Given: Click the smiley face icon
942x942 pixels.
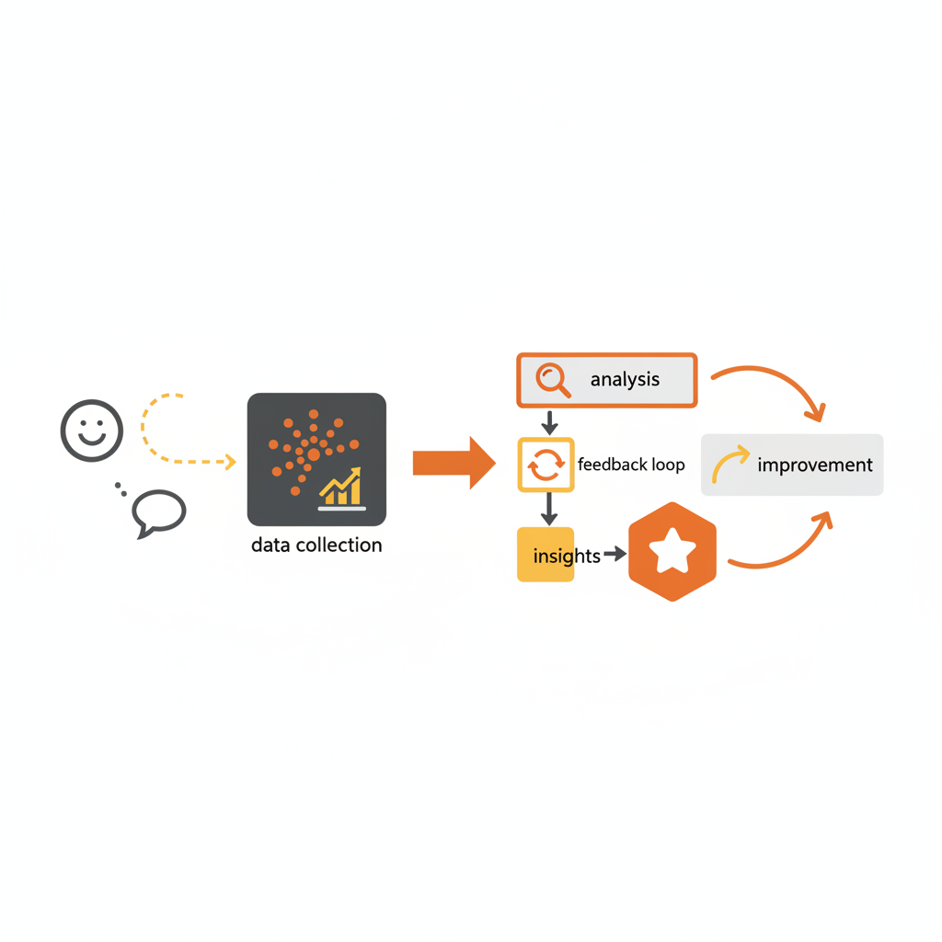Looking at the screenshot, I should pyautogui.click(x=91, y=430).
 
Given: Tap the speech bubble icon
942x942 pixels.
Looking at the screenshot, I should pyautogui.click(x=159, y=511).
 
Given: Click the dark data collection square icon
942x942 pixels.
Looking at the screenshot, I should pyautogui.click(x=316, y=459).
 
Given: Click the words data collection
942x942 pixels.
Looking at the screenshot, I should pyautogui.click(x=316, y=546).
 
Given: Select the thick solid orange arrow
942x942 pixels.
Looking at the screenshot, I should pyautogui.click(x=454, y=463).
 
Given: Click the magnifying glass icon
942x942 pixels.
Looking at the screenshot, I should pyautogui.click(x=553, y=380).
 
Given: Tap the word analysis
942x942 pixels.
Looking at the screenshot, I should pyautogui.click(x=625, y=380).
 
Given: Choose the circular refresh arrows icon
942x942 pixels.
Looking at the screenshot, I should pyautogui.click(x=546, y=465).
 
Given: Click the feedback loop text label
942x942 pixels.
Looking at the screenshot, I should pyautogui.click(x=631, y=465).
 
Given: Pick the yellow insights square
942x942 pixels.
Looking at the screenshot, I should pyautogui.click(x=546, y=555).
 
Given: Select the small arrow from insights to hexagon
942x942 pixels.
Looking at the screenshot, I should pyautogui.click(x=614, y=554).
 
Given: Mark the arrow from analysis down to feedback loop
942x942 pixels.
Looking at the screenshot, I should pyautogui.click(x=549, y=422).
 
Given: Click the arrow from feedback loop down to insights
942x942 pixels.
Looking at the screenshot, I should pyautogui.click(x=549, y=509).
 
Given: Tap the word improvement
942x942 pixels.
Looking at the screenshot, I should pyautogui.click(x=814, y=465).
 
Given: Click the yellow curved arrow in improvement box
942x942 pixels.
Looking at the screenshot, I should pyautogui.click(x=730, y=464).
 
